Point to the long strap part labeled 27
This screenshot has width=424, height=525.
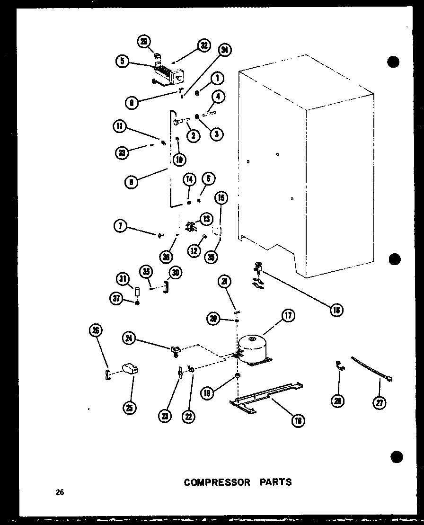coord(371,369)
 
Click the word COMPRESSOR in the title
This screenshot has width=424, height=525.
coord(217,482)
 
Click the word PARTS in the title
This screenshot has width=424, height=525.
coord(275,482)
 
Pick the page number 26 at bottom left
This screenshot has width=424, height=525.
coord(59,492)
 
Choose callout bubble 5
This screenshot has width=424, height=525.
coord(123,61)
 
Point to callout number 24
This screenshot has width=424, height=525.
coord(129,338)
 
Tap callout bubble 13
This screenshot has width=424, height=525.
coord(206,219)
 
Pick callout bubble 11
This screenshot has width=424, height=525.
coord(120,126)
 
